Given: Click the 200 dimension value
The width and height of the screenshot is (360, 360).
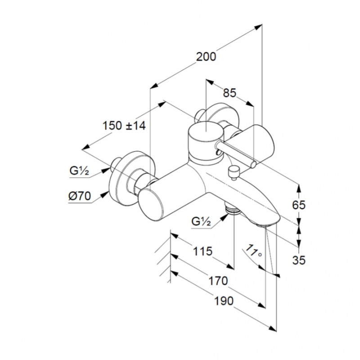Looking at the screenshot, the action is [206, 57].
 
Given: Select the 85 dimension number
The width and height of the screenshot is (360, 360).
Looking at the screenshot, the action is [229, 93].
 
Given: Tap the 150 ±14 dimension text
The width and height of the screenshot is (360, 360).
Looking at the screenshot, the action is [124, 126].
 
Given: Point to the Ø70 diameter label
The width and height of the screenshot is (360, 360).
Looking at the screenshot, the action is [80, 196].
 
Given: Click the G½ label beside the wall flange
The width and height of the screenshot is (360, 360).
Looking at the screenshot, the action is [79, 171].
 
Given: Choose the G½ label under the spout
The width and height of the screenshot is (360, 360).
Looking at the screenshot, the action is [201, 222].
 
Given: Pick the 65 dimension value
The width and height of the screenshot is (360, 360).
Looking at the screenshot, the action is [299, 205].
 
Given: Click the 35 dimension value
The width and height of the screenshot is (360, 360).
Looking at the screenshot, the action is [299, 261].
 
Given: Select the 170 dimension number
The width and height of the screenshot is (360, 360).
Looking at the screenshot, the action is [218, 281].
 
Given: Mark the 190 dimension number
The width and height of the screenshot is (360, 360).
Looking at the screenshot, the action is [224, 301].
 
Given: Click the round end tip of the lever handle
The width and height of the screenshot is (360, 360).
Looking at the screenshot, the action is [253, 164].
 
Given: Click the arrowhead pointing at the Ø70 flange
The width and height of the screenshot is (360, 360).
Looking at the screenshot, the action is [106, 194].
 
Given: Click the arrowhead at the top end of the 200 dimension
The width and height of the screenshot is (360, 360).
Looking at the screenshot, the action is [259, 27].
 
